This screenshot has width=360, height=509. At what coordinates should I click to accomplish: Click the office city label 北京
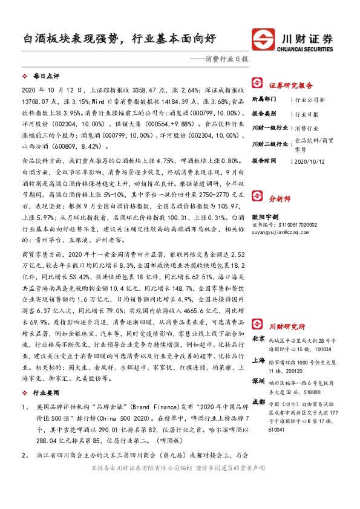point(258,339)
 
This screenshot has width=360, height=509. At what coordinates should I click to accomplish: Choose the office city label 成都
point(258,401)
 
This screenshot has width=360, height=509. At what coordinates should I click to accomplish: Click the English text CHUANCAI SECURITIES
point(309,50)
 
